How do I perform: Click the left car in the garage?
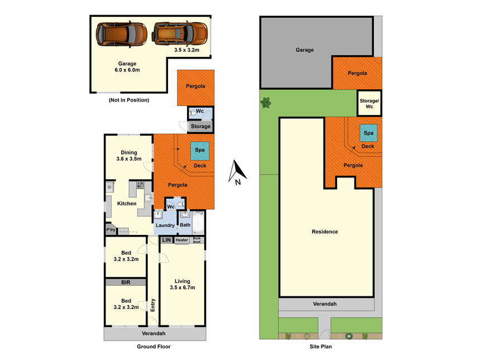point(122,34)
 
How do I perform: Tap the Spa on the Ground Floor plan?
point(200,151)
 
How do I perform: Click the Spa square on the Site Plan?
point(368,133)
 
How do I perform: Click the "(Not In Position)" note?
point(129,100)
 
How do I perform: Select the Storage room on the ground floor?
point(200,126)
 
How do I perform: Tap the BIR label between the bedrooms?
point(126,282)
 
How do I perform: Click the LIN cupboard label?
point(166,240)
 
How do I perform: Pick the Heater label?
point(181,240)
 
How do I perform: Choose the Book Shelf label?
point(197,240)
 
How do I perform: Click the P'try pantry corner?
point(111,229)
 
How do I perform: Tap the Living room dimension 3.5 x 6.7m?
point(183,287)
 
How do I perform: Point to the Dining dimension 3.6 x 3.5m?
point(129,159)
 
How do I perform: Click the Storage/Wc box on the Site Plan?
point(369,103)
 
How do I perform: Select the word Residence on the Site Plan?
point(325,232)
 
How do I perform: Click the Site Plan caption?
point(320,347)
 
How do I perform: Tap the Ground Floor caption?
point(153,347)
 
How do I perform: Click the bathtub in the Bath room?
point(198,223)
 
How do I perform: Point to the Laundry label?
point(165,225)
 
